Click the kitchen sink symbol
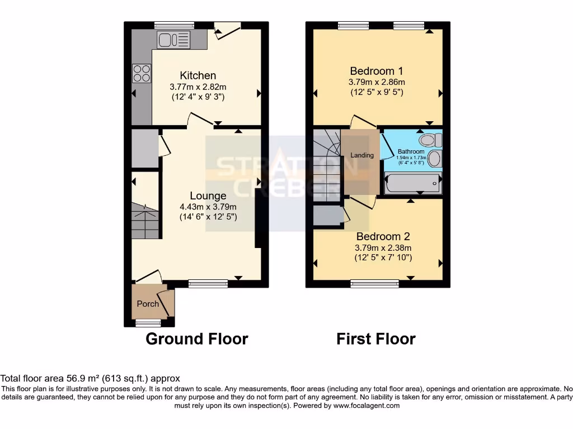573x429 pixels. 174,39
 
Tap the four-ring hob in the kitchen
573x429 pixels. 141,73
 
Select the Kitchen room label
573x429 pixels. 198,75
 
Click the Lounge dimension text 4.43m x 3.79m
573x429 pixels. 208,207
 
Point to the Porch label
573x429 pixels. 148,304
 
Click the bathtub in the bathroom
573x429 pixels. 412,183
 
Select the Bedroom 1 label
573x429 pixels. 376,71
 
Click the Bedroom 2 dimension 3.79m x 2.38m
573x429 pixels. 383,248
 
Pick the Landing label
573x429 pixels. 362,155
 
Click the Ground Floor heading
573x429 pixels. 196,339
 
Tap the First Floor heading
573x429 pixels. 375,339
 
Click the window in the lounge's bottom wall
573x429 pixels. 208,284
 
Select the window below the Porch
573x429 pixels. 148,323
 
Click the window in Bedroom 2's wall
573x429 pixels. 374,284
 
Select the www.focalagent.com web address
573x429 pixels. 367,406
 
